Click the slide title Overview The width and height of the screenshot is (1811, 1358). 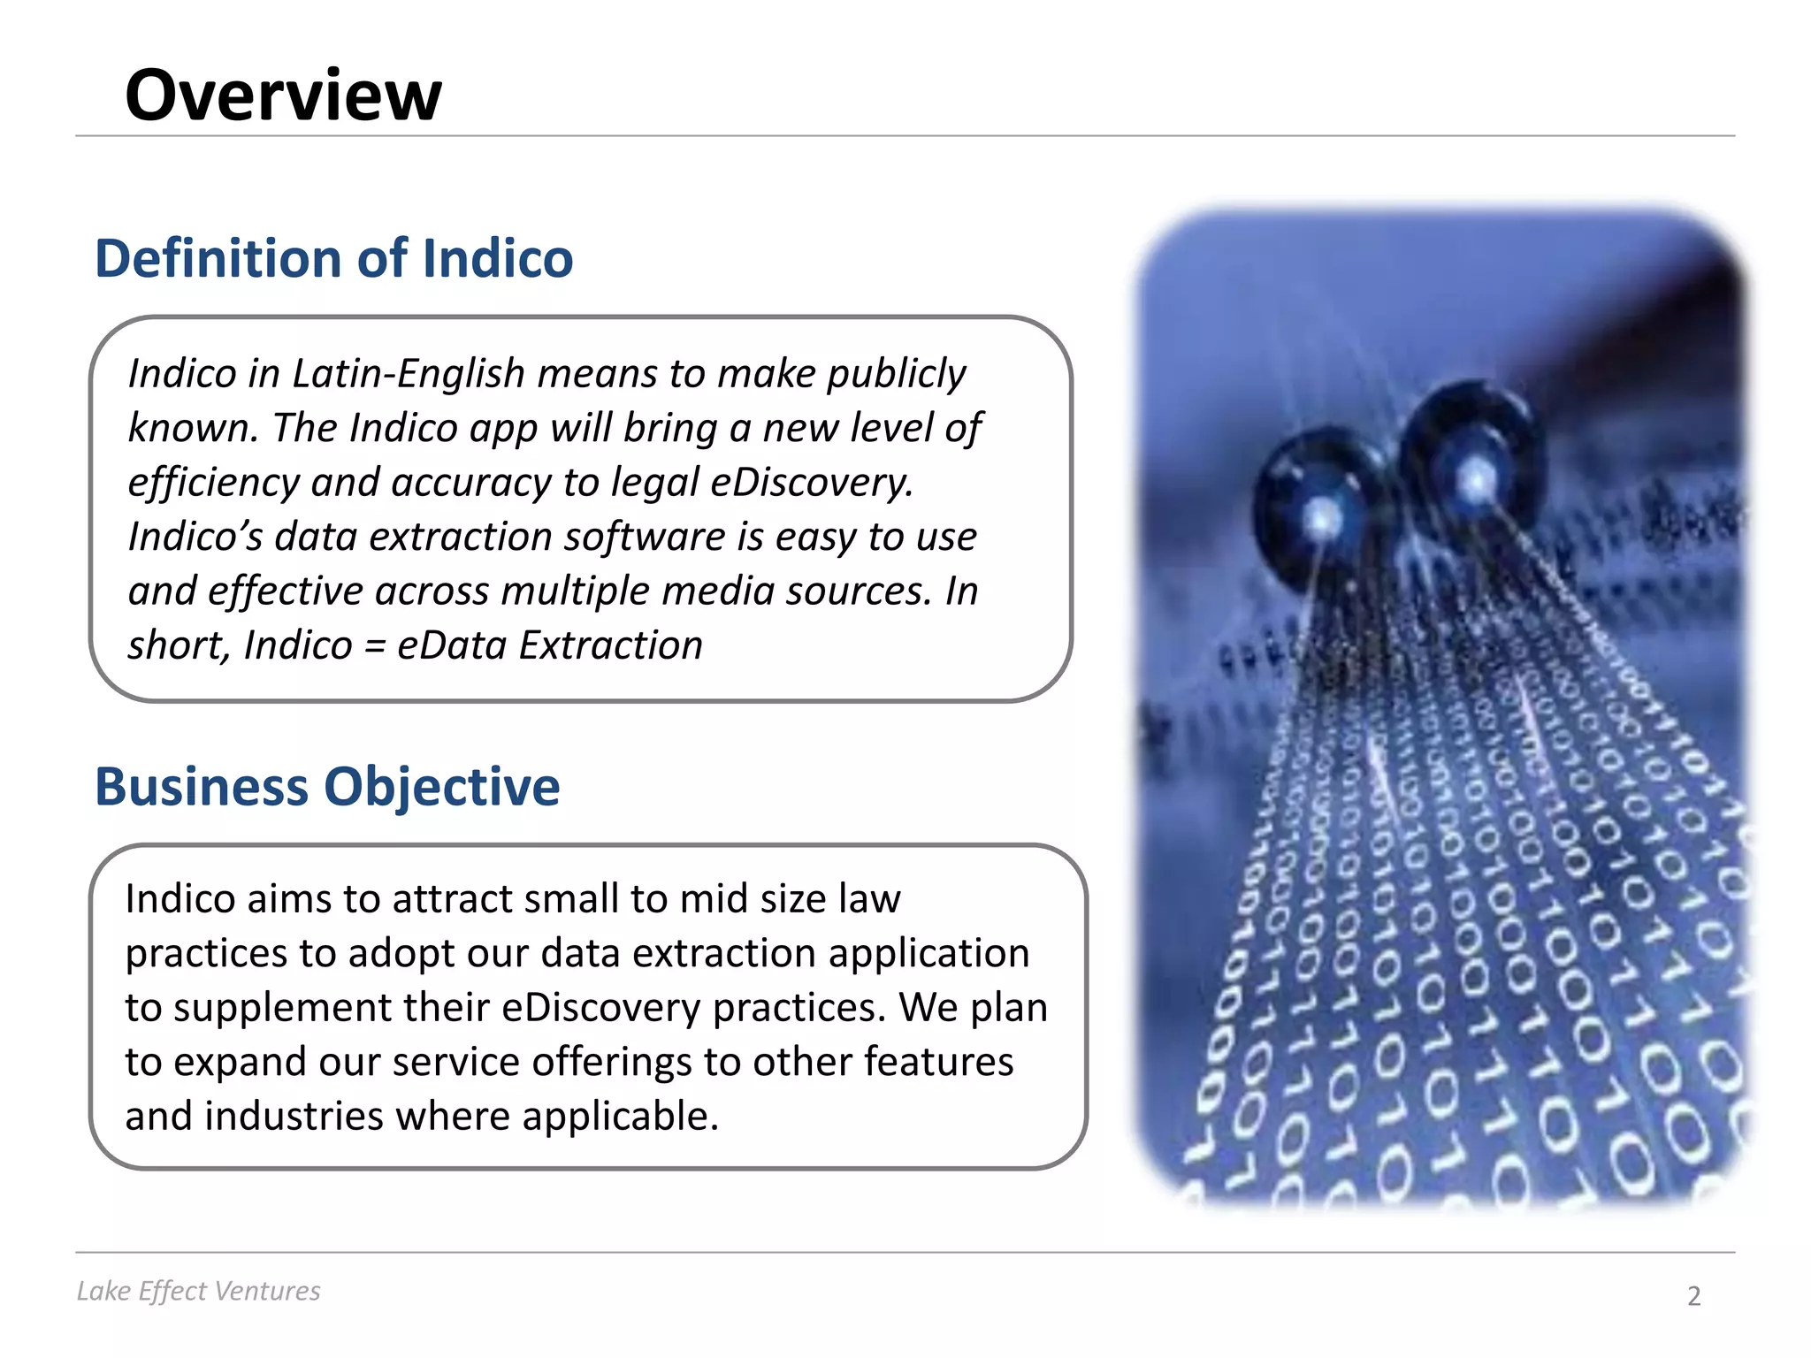(x=283, y=95)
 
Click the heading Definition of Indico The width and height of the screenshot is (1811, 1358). (x=333, y=258)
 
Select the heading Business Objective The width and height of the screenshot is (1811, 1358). (x=327, y=786)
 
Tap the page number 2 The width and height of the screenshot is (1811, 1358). (x=1693, y=1296)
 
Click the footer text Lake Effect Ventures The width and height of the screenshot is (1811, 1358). (x=198, y=1291)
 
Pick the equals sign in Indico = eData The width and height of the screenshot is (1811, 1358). (x=374, y=646)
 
